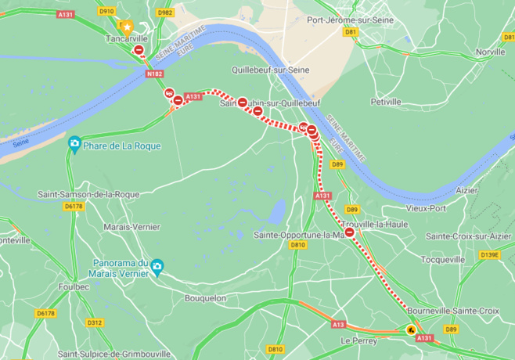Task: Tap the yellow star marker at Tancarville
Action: (x=126, y=26)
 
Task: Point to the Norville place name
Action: (x=490, y=52)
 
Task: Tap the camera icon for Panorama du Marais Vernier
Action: (x=157, y=268)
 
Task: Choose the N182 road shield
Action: (x=155, y=74)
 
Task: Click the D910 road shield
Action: (x=106, y=11)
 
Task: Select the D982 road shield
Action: (x=164, y=13)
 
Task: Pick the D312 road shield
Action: (x=95, y=322)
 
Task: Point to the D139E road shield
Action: (x=489, y=254)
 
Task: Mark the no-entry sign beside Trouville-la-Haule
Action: (x=350, y=232)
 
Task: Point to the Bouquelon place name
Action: (x=205, y=298)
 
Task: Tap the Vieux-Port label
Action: (x=426, y=208)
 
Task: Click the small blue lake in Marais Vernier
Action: (x=276, y=211)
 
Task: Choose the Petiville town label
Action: (x=385, y=102)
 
